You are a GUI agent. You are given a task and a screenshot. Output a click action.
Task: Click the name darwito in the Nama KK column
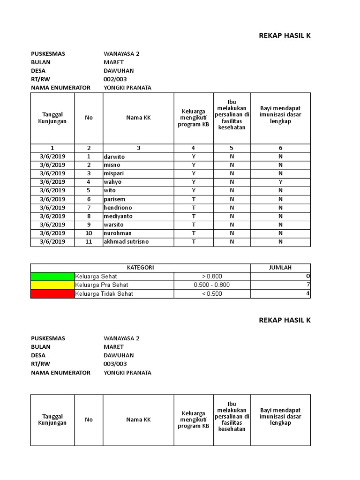114,157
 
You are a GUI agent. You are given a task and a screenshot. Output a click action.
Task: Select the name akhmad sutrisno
124,242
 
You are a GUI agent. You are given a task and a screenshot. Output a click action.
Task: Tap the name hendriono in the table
118,208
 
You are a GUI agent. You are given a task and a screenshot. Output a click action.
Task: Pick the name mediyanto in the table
118,216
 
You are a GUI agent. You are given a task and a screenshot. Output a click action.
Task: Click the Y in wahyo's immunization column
280,182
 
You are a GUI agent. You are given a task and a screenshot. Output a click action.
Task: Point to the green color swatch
52,277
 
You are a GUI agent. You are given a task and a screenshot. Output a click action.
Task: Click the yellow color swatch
52,285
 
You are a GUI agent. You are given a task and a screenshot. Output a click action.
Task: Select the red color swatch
52,294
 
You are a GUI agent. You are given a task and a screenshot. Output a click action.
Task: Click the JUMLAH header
280,268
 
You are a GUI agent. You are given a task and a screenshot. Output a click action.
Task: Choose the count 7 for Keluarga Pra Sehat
308,285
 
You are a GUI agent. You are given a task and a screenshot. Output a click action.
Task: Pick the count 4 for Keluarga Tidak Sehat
308,294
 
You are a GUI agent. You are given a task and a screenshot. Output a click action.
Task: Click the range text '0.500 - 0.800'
212,285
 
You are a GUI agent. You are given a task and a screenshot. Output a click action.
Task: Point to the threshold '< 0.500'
212,294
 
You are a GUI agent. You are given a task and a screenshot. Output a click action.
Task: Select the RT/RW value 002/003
115,79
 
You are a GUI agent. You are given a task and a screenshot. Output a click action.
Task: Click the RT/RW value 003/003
115,364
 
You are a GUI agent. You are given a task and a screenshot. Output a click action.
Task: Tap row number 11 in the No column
89,242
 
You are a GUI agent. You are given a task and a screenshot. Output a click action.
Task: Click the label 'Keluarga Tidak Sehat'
104,294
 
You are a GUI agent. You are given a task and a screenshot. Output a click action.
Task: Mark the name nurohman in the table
118,233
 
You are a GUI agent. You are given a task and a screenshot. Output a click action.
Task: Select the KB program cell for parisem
193,199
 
